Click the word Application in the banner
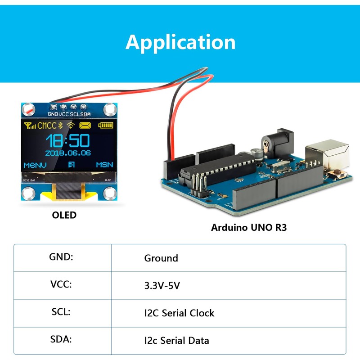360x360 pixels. coord(180,42)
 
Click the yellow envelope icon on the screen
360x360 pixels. coord(85,125)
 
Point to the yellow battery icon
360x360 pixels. coord(106,125)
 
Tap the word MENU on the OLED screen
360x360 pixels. coord(35,165)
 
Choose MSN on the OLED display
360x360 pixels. coord(104,165)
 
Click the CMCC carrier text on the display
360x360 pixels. coord(47,126)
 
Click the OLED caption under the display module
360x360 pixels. coord(64,215)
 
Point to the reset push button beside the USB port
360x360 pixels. coord(335,174)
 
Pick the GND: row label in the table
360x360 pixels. coord(61,257)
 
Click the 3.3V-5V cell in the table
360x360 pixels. coord(162,285)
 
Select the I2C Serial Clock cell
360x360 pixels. coord(179,313)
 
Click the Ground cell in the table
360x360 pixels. coord(161,258)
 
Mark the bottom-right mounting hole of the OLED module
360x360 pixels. coord(109,193)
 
